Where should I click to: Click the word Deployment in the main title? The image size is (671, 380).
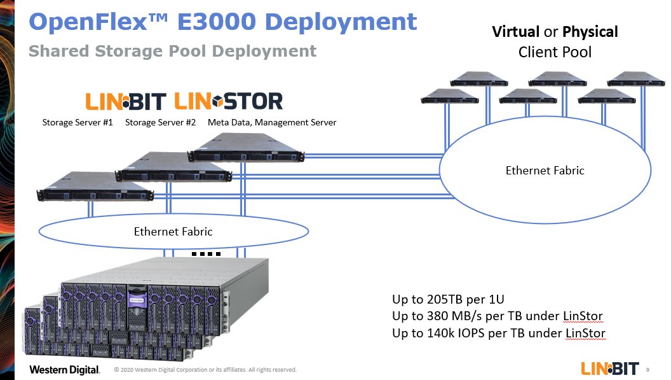pyautogui.click(x=340, y=22)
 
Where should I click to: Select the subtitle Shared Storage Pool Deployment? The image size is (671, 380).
pyautogui.click(x=172, y=51)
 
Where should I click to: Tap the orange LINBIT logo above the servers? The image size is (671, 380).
pyautogui.click(x=126, y=101)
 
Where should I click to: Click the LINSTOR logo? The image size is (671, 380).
pyautogui.click(x=228, y=101)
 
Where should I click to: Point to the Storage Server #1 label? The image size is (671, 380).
pyautogui.click(x=77, y=122)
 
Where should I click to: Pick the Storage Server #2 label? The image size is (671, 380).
pyautogui.click(x=160, y=122)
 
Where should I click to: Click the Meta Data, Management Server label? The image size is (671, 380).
pyautogui.click(x=272, y=122)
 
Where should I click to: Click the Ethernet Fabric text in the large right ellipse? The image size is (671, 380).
pyautogui.click(x=545, y=171)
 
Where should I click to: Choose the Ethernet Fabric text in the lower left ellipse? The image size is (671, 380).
pyautogui.click(x=173, y=232)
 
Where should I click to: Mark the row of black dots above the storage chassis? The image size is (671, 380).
pyautogui.click(x=206, y=254)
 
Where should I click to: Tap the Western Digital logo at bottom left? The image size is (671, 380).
pyautogui.click(x=64, y=370)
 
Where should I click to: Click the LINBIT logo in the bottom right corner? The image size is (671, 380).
pyautogui.click(x=609, y=369)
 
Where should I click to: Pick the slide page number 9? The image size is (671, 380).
pyautogui.click(x=647, y=369)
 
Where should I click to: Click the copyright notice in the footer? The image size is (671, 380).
pyautogui.click(x=205, y=370)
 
